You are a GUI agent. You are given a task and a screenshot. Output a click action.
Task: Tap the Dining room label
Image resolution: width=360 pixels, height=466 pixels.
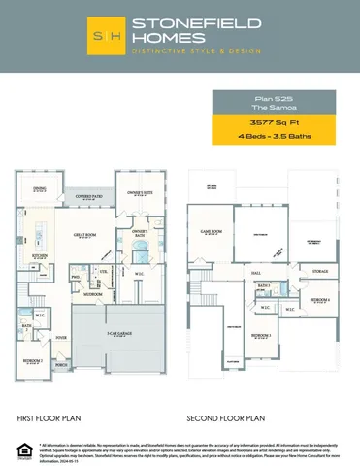[39, 188]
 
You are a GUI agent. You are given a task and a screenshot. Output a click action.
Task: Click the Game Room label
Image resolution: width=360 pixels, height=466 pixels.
[212, 232]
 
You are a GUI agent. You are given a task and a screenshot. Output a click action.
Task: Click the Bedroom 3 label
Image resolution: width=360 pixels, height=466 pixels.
[260, 335]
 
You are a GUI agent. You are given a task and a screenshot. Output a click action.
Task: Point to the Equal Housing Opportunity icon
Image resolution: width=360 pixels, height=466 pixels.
[19, 448]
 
